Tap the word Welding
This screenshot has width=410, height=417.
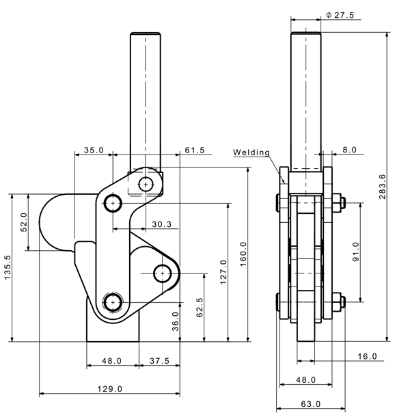(x=251, y=152)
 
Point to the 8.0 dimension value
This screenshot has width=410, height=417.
(x=349, y=148)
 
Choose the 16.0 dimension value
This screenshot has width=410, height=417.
(x=367, y=356)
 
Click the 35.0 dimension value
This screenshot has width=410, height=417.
(x=94, y=150)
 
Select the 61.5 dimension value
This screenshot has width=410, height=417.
(x=195, y=150)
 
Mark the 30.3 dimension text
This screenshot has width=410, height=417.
(x=161, y=224)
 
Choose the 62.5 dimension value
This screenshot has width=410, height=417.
(x=200, y=308)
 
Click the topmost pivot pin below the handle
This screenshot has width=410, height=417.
(x=146, y=183)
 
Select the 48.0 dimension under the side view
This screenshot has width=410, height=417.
(x=306, y=379)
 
